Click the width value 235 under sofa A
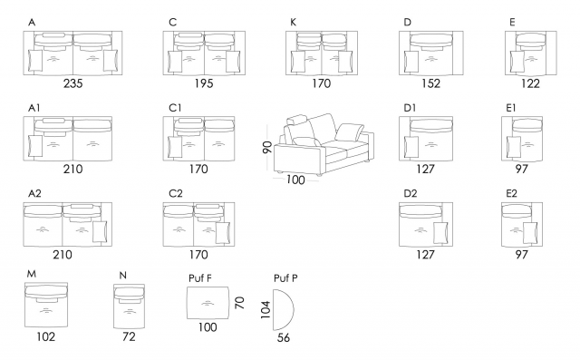tap(72, 83)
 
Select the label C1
tap(175, 108)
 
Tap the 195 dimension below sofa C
tap(204, 83)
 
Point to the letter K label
tap(293, 23)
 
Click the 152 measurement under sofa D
tap(431, 83)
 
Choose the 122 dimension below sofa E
tap(530, 83)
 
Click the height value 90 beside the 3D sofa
tap(267, 147)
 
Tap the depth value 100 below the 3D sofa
tap(295, 180)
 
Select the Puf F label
tap(200, 278)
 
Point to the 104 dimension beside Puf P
tap(266, 310)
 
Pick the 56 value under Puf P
tap(284, 338)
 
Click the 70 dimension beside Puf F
tap(239, 303)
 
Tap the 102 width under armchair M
tap(46, 336)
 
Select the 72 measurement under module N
tap(129, 336)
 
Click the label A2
tap(34, 193)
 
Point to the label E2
tap(511, 193)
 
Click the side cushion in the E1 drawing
tap(514, 147)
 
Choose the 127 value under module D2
tap(425, 255)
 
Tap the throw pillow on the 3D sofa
tap(349, 132)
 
